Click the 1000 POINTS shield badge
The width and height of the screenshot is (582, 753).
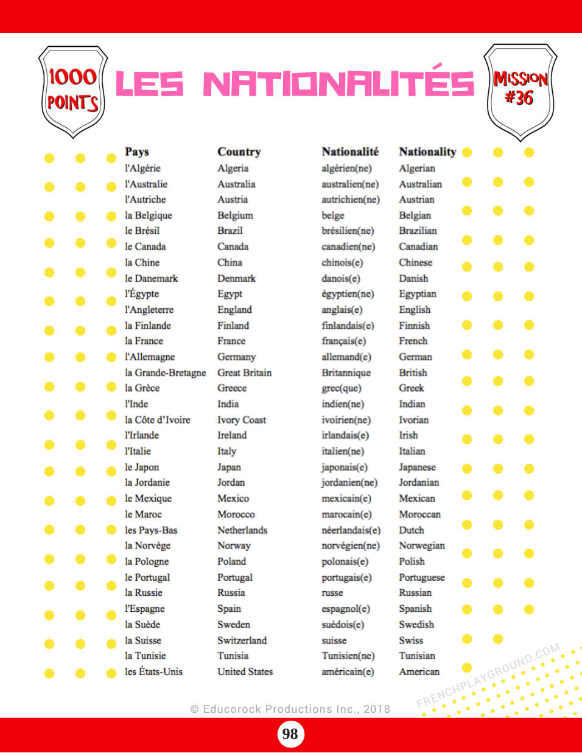tap(73, 91)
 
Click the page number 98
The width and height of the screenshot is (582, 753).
tap(290, 734)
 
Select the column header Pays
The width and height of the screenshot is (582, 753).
tap(136, 152)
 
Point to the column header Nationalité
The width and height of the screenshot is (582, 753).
tap(350, 152)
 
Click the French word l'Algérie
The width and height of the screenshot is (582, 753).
tap(142, 168)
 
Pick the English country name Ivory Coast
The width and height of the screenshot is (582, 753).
tap(242, 420)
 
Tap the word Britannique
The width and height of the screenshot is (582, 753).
tap(346, 373)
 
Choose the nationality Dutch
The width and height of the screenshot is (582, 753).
tap(412, 530)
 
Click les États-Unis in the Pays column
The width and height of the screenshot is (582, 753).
tap(153, 672)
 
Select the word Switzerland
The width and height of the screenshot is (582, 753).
tap(242, 640)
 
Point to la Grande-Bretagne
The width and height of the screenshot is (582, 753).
tap(165, 373)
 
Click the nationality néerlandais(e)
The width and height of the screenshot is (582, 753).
tap(351, 530)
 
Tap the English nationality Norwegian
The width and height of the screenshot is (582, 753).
tap(422, 545)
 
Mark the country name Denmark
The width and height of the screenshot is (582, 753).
tap(236, 278)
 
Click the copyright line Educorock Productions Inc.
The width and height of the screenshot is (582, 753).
tap(290, 709)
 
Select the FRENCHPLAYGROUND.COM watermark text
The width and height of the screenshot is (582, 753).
tap(488, 676)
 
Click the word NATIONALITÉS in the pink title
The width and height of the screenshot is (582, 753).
tap(338, 84)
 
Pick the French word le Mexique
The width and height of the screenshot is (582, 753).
tap(148, 499)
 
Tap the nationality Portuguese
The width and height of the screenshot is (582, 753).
tap(422, 577)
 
